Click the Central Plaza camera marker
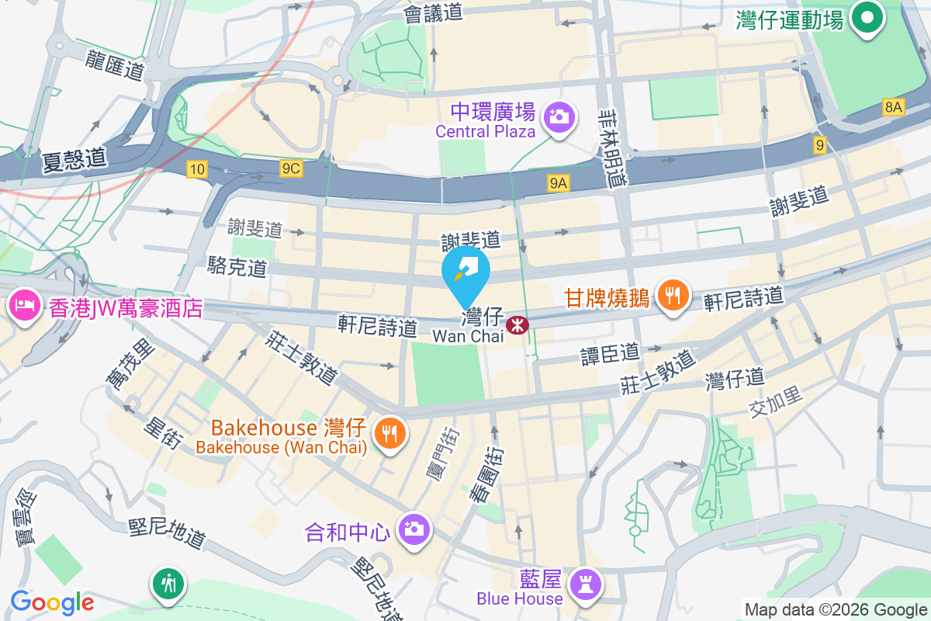[559, 116]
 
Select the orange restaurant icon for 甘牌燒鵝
[673, 295]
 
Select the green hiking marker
[168, 581]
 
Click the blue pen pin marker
[465, 272]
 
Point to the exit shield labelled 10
[197, 168]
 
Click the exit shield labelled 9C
[291, 168]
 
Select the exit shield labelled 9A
[559, 183]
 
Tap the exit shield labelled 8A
[893, 108]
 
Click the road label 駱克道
[237, 266]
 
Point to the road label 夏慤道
[75, 160]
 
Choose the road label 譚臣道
[611, 354]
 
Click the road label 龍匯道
[116, 64]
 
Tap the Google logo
[52, 602]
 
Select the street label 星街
[164, 434]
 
